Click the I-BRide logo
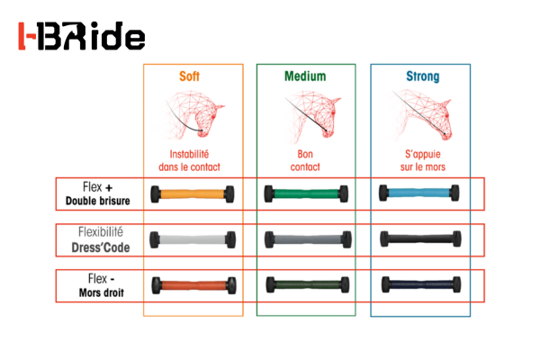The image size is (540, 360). coord(82,36)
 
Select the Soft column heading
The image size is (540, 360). coord(189,76)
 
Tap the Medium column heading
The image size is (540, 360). coord(305,76)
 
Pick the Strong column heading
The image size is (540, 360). coord(423,76)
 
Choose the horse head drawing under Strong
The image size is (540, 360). coord(422,115)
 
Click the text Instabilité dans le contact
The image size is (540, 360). coord(189,160)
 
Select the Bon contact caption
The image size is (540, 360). coord(305,160)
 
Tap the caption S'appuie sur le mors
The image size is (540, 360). coord(423,160)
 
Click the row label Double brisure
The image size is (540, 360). coord(98,201)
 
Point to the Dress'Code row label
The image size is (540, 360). coord(101,247)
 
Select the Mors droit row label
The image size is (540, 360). coord(101,292)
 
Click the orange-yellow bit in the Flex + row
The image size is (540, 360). coord(193,194)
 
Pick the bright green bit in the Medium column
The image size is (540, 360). coord(306,193)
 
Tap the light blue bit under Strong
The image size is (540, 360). coord(418,193)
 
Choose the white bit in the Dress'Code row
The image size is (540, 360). coord(193,239)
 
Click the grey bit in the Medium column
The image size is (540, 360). coord(308,239)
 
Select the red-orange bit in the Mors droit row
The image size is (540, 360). coord(193,285)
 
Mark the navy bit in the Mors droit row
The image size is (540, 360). coord(421,284)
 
